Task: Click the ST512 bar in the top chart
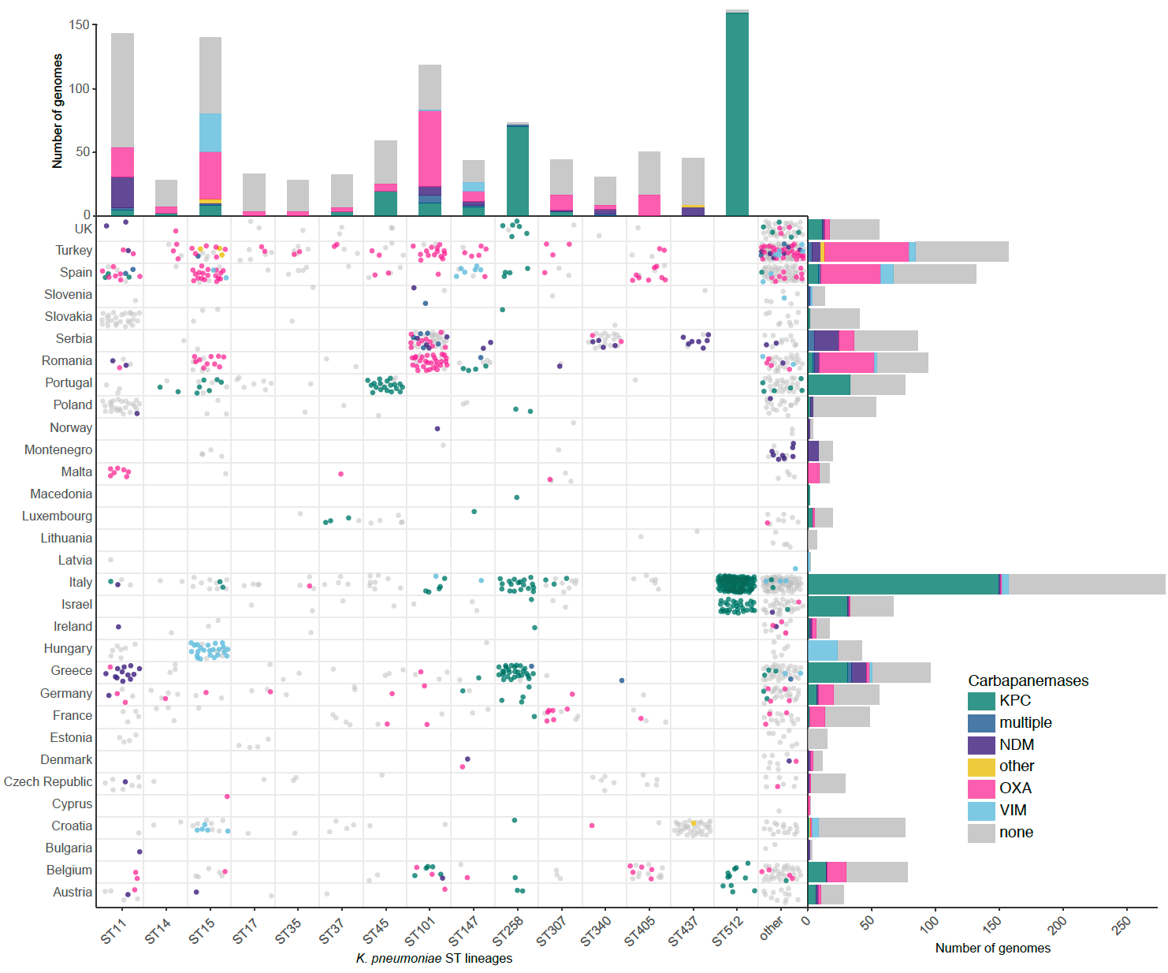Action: pos(737,114)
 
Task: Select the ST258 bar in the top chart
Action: pos(518,170)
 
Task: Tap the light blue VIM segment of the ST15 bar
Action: pos(210,132)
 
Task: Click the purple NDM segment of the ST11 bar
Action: pos(122,192)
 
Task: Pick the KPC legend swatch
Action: pos(981,701)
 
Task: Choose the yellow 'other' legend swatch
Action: pos(981,766)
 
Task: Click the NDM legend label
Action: pos(1017,744)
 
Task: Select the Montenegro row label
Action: pos(58,449)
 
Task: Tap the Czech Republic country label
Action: pos(48,781)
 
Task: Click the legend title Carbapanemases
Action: pos(1028,680)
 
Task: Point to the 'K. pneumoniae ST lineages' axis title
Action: pos(434,958)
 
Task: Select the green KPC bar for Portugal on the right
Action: pos(829,385)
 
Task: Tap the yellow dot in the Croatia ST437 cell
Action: pos(694,823)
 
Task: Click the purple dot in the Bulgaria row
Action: pos(139,852)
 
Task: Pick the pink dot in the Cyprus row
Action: pos(227,796)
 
